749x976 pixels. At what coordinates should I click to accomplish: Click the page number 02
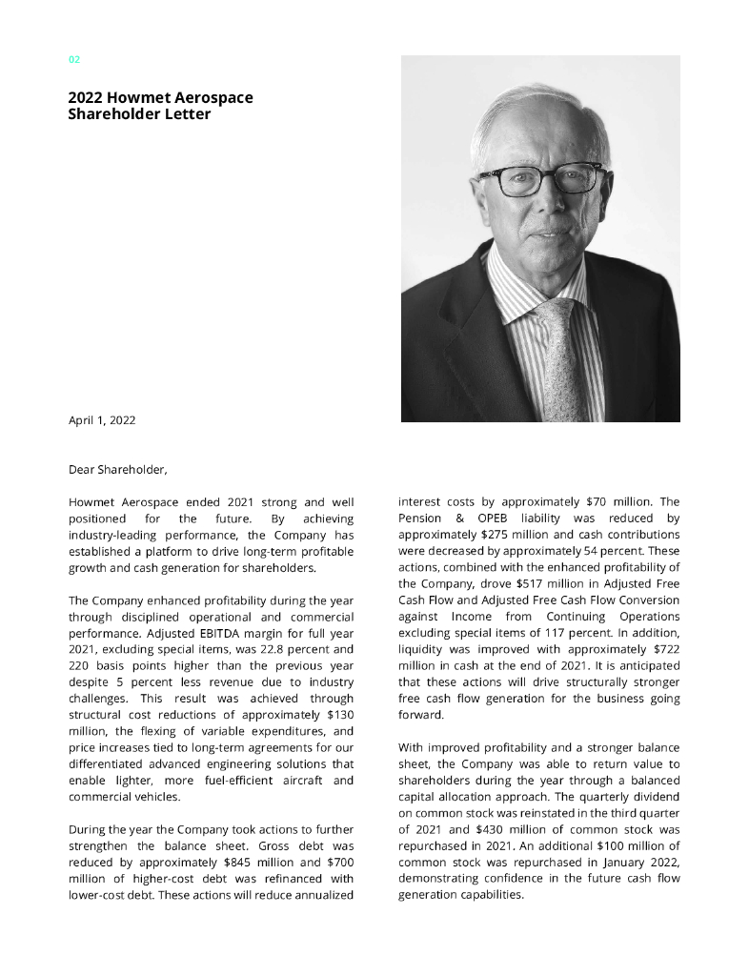click(74, 60)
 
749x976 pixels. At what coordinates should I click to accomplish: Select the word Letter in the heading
click(187, 114)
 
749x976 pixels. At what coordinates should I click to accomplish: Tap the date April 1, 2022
click(102, 419)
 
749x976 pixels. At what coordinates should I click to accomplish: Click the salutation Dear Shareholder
click(117, 469)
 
